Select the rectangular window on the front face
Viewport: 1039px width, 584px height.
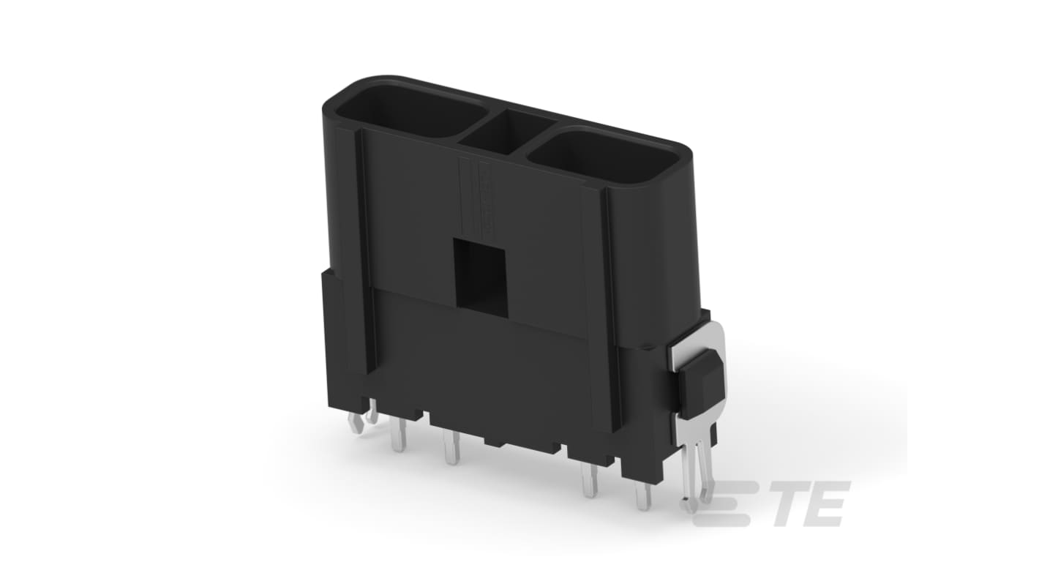tap(481, 272)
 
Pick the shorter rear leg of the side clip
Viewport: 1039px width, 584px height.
tap(705, 461)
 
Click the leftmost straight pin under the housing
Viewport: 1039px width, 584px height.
tap(398, 436)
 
